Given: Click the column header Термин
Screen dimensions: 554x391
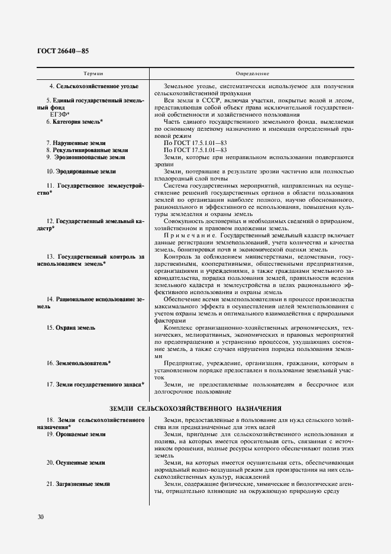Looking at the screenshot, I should [x=93, y=73].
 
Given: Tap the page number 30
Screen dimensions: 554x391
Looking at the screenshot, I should [x=41, y=517].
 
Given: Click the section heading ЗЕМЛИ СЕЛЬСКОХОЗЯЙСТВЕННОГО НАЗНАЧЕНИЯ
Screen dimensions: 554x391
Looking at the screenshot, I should [x=195, y=408].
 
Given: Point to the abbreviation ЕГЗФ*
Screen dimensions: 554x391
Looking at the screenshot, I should [x=60, y=114].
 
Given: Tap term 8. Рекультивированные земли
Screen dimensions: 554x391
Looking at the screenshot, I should [x=87, y=150].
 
